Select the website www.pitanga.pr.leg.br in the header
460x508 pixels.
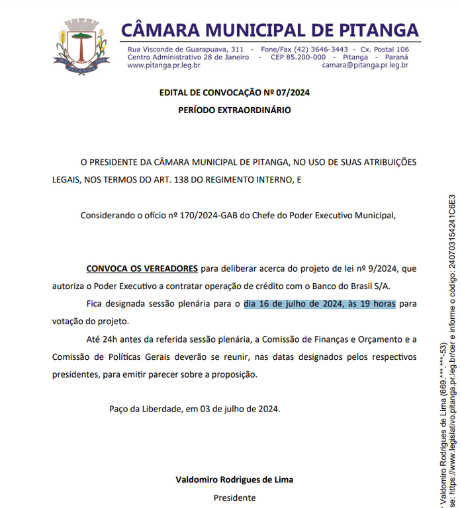163,65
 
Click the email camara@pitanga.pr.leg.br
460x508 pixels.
365,65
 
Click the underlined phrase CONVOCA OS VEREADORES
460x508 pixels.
142,269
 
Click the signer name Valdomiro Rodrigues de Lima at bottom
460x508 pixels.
234,480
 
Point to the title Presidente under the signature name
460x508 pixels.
234,497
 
